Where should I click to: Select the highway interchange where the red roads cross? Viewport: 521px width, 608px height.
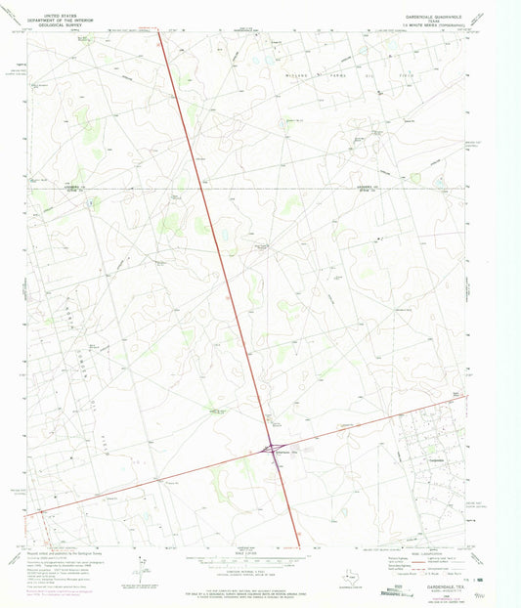point(272,452)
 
